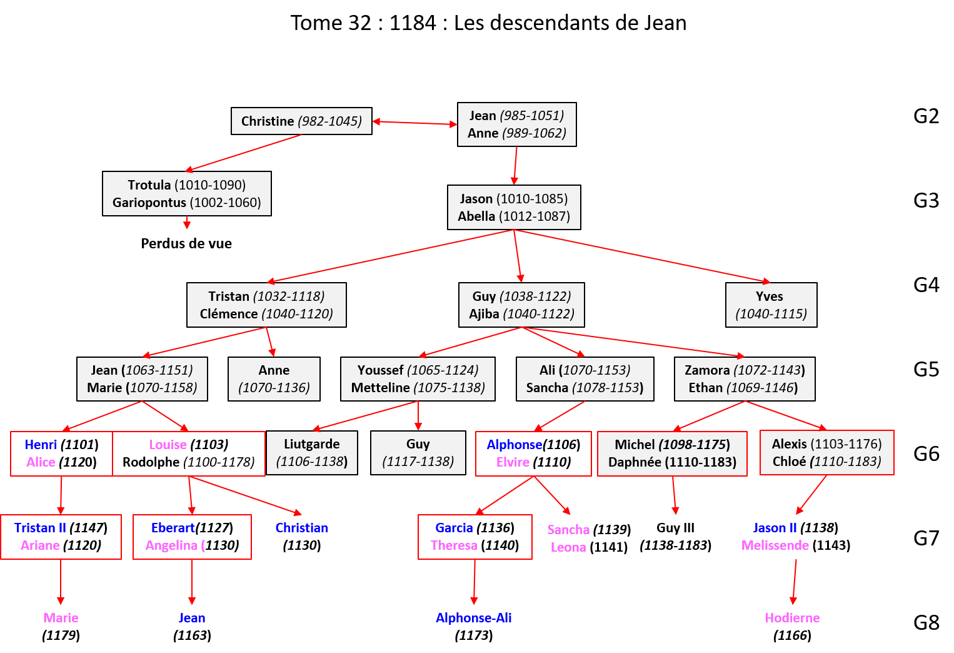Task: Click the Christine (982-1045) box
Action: click(x=301, y=121)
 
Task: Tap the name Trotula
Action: click(x=149, y=185)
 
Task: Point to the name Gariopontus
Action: click(x=149, y=203)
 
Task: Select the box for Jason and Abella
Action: click(x=514, y=207)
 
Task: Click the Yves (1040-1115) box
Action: click(x=771, y=305)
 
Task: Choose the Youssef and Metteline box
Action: click(x=418, y=379)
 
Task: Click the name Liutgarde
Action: click(x=311, y=444)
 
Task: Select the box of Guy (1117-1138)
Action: click(x=418, y=453)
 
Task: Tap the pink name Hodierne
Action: click(x=792, y=618)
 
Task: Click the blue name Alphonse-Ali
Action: click(x=473, y=618)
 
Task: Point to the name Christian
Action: click(x=301, y=528)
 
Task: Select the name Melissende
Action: click(x=775, y=545)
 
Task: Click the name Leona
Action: click(x=568, y=547)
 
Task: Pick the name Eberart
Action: click(x=173, y=528)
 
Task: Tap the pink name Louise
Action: click(x=168, y=445)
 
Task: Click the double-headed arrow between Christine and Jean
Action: click(x=414, y=123)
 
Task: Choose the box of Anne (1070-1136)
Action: click(x=274, y=379)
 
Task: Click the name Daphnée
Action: click(x=634, y=462)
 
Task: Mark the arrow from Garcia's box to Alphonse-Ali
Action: click(x=474, y=582)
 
